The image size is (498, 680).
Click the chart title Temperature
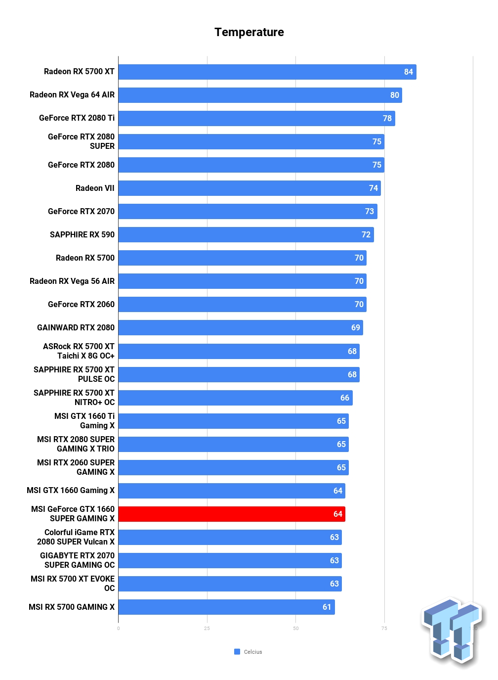(249, 32)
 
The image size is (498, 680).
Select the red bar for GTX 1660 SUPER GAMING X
(232, 514)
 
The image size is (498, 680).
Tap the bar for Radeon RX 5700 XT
(267, 72)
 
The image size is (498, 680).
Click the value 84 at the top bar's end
(408, 72)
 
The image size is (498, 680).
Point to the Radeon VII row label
(95, 188)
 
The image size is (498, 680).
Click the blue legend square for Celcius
(237, 651)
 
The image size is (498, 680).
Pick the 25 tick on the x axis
(207, 628)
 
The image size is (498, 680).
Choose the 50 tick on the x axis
(296, 628)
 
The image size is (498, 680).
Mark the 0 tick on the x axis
(118, 628)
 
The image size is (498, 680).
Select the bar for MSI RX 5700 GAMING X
(227, 607)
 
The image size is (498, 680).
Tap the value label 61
(327, 607)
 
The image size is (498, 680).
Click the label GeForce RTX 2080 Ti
(77, 118)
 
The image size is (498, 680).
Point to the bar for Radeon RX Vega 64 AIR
(260, 95)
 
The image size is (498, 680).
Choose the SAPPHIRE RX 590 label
(82, 234)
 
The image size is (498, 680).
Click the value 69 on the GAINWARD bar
(355, 327)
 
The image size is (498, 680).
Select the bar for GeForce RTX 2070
(248, 211)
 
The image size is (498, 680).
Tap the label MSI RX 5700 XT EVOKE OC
(73, 584)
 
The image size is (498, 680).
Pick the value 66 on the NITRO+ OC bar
(344, 398)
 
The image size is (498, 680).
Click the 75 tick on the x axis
(384, 628)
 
